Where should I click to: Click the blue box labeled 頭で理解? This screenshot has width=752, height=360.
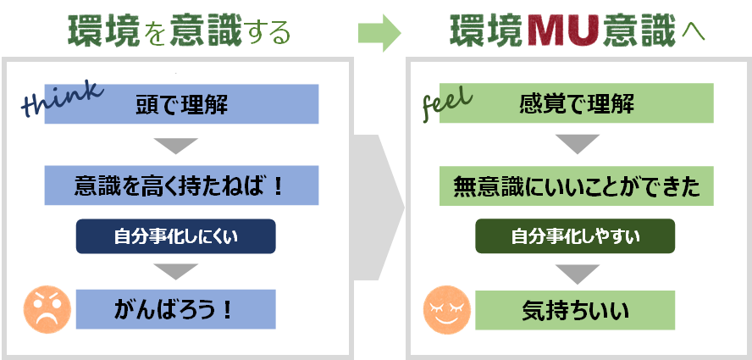tap(181, 104)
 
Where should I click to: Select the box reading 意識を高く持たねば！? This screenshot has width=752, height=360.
tap(181, 186)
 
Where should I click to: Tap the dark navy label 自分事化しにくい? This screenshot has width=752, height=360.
tap(176, 236)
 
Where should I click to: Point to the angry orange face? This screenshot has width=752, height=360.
tap(46, 309)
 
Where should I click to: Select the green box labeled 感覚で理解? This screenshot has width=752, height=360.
tap(577, 104)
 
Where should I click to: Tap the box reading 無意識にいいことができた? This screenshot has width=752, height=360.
tap(577, 186)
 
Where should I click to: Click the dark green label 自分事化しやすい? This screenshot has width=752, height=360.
tap(575, 236)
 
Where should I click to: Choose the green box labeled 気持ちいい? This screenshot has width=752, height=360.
tap(575, 310)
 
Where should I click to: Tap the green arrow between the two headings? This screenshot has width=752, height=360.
tap(377, 32)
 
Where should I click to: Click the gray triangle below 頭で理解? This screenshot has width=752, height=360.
tap(180, 145)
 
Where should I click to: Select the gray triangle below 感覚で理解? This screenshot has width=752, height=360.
tap(577, 145)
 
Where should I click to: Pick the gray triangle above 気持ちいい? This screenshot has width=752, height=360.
tap(575, 274)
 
